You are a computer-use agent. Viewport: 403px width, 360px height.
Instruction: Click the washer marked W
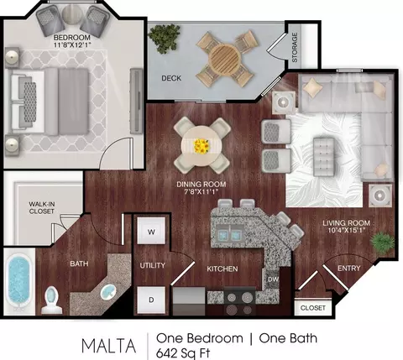pyautogui.click(x=151, y=231)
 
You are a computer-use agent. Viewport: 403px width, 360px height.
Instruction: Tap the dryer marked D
pyautogui.click(x=151, y=300)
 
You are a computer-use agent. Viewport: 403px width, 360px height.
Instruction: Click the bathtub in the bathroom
pyautogui.click(x=18, y=282)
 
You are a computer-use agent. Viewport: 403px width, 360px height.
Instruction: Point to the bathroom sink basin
pyautogui.click(x=108, y=291)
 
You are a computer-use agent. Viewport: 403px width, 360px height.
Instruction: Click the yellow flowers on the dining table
pyautogui.click(x=201, y=146)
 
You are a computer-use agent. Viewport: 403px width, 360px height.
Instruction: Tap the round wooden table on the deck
pyautogui.click(x=225, y=58)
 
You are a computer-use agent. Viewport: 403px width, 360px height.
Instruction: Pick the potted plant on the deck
pyautogui.click(x=164, y=38)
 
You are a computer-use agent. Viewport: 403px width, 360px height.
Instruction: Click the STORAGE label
pyautogui.click(x=295, y=47)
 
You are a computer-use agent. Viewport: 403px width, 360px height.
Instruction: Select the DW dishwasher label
pyautogui.click(x=273, y=279)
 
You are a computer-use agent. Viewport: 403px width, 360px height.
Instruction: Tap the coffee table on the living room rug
pyautogui.click(x=324, y=157)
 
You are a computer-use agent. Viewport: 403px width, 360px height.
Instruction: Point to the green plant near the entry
pyautogui.click(x=382, y=243)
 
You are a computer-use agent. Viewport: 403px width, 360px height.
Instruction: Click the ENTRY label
pyautogui.click(x=348, y=269)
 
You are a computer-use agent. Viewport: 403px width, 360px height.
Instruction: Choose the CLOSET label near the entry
pyautogui.click(x=313, y=308)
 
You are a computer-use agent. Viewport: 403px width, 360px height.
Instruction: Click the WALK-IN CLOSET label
pyautogui.click(x=42, y=208)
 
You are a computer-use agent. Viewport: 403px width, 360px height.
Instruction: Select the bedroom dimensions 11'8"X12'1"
pyautogui.click(x=72, y=44)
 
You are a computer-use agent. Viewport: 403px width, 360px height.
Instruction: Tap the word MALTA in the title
pyautogui.click(x=109, y=346)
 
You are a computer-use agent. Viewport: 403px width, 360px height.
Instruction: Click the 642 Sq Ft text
pyautogui.click(x=183, y=353)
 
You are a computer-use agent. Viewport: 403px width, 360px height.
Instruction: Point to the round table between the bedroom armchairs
pyautogui.click(x=71, y=14)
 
